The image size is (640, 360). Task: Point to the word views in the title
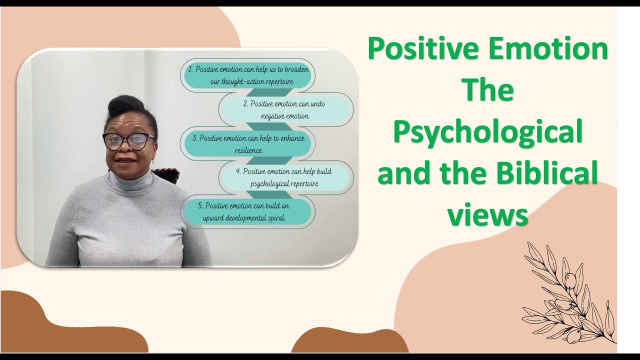pyautogui.click(x=487, y=215)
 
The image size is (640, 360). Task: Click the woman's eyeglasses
pyautogui.click(x=128, y=141)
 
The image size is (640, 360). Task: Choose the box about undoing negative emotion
pyautogui.click(x=286, y=109)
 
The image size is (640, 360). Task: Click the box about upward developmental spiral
pyautogui.click(x=247, y=211)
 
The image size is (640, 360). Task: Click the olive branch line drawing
pyautogui.click(x=567, y=295)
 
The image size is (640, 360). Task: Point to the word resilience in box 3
pyautogui.click(x=248, y=150)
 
